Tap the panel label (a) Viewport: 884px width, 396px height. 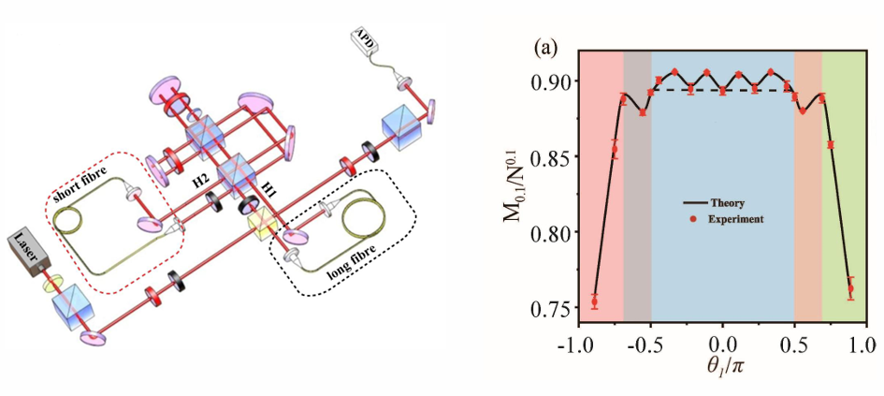click(546, 45)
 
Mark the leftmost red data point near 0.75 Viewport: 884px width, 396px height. click(594, 301)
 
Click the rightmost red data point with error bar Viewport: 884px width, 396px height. click(850, 288)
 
